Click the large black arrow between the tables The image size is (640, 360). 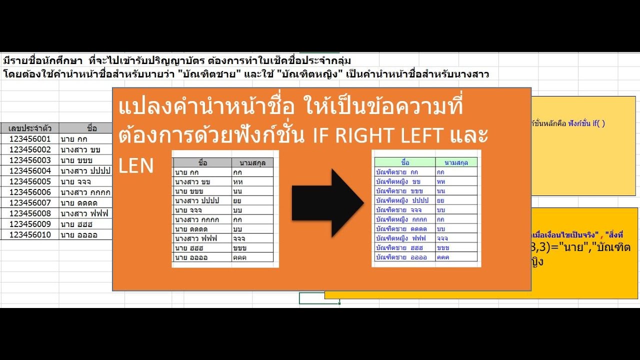pos(327,203)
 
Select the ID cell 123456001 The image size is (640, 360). pos(30,138)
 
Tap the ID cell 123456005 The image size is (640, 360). pos(30,181)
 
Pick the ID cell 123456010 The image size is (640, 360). pos(30,234)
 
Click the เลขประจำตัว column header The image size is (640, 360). pos(30,128)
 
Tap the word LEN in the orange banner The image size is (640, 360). pos(136,166)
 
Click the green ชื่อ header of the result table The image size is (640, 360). pos(405,162)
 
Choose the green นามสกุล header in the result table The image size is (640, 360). pos(456,162)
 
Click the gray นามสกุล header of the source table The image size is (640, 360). pos(252,162)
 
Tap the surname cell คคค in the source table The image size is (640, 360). pos(252,257)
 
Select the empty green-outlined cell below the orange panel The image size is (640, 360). pos(319,298)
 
